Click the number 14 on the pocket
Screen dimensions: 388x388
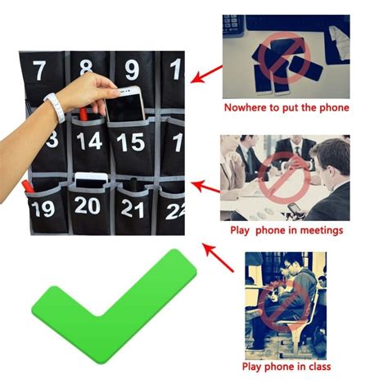(x=88, y=142)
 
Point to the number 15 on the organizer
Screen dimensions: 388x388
(x=130, y=142)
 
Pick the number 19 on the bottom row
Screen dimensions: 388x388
(x=44, y=208)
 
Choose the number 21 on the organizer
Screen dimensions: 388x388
(x=132, y=209)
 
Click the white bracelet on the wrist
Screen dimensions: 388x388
(x=54, y=107)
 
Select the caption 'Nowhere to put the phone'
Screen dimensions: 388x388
(x=286, y=107)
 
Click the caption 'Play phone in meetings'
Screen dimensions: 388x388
(x=286, y=231)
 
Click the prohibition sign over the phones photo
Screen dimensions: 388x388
(x=281, y=57)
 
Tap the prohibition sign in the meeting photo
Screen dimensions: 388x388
(x=278, y=175)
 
